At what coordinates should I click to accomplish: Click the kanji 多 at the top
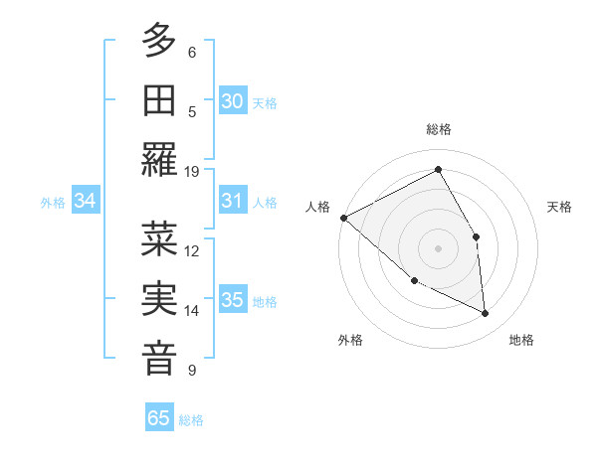[159, 41]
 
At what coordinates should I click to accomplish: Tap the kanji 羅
[159, 159]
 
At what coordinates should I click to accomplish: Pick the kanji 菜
[159, 238]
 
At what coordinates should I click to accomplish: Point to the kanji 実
[159, 299]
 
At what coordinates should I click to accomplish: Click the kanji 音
[159, 359]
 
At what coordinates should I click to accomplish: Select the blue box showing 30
[232, 101]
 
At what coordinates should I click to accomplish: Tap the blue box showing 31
[232, 201]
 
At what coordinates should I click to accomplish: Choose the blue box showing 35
[232, 301]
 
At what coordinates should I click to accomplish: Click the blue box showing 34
[86, 201]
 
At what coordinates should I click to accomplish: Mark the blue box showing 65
[159, 418]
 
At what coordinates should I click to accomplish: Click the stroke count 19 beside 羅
[192, 171]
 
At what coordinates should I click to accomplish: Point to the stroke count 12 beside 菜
[192, 250]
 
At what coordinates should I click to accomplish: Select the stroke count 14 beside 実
[192, 311]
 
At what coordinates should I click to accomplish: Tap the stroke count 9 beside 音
[192, 371]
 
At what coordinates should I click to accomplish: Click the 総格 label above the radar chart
[439, 129]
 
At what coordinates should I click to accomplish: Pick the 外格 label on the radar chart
[350, 341]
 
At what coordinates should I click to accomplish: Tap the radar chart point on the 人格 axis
[343, 218]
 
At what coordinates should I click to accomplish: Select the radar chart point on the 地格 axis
[486, 313]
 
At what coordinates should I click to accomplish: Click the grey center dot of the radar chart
[439, 247]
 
